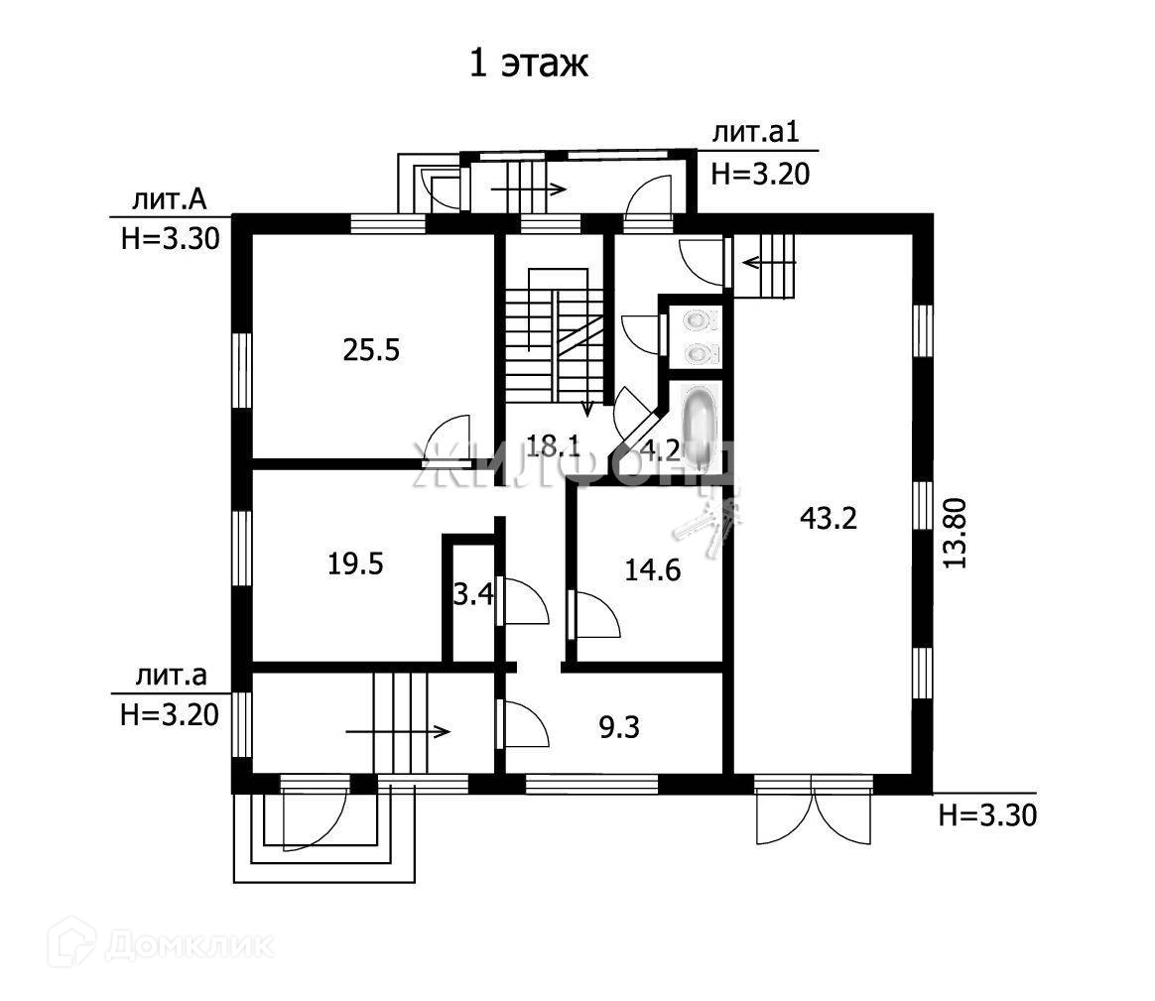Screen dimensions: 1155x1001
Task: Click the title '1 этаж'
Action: (x=529, y=63)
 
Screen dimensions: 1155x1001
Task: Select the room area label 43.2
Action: (x=829, y=518)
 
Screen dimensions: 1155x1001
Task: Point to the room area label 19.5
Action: (x=355, y=563)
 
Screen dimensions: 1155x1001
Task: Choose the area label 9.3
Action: (x=619, y=729)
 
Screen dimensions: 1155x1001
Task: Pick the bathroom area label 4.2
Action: (x=660, y=450)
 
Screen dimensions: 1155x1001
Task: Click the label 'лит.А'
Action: (x=170, y=201)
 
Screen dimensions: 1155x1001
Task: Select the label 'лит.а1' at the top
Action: (x=756, y=134)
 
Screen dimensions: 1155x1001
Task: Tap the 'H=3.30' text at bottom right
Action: (x=986, y=816)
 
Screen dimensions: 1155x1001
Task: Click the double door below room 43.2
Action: (x=813, y=812)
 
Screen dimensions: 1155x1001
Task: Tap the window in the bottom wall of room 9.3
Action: (x=591, y=784)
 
